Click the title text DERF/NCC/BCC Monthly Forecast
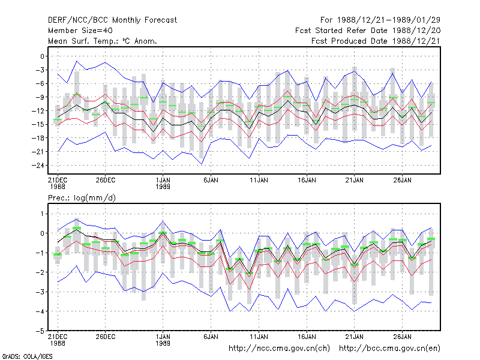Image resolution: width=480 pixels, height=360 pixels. tap(112, 20)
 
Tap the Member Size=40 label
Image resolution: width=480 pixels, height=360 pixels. tap(80, 31)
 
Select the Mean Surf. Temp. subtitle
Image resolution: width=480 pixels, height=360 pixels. tap(103, 41)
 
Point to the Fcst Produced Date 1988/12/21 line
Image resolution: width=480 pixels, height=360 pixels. tap(376, 41)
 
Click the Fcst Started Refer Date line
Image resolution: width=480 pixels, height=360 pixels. tap(368, 31)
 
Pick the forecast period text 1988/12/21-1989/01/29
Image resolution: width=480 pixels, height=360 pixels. tap(389, 20)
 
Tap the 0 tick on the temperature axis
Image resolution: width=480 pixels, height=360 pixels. tap(42, 56)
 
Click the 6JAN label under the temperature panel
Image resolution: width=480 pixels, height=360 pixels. tap(211, 180)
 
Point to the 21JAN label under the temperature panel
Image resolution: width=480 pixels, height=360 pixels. tap(354, 180)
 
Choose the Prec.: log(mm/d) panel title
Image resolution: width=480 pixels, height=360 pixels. tap(82, 198)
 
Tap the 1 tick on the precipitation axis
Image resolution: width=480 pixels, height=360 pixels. tap(42, 214)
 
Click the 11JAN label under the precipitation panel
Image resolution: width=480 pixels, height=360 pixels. tap(259, 337)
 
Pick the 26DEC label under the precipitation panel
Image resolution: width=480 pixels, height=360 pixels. tap(106, 337)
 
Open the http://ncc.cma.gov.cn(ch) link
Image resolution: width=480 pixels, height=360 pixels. tap(279, 349)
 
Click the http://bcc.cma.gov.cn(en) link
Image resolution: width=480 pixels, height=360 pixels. tap(389, 349)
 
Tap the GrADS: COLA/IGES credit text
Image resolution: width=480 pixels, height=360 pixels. tap(27, 356)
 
